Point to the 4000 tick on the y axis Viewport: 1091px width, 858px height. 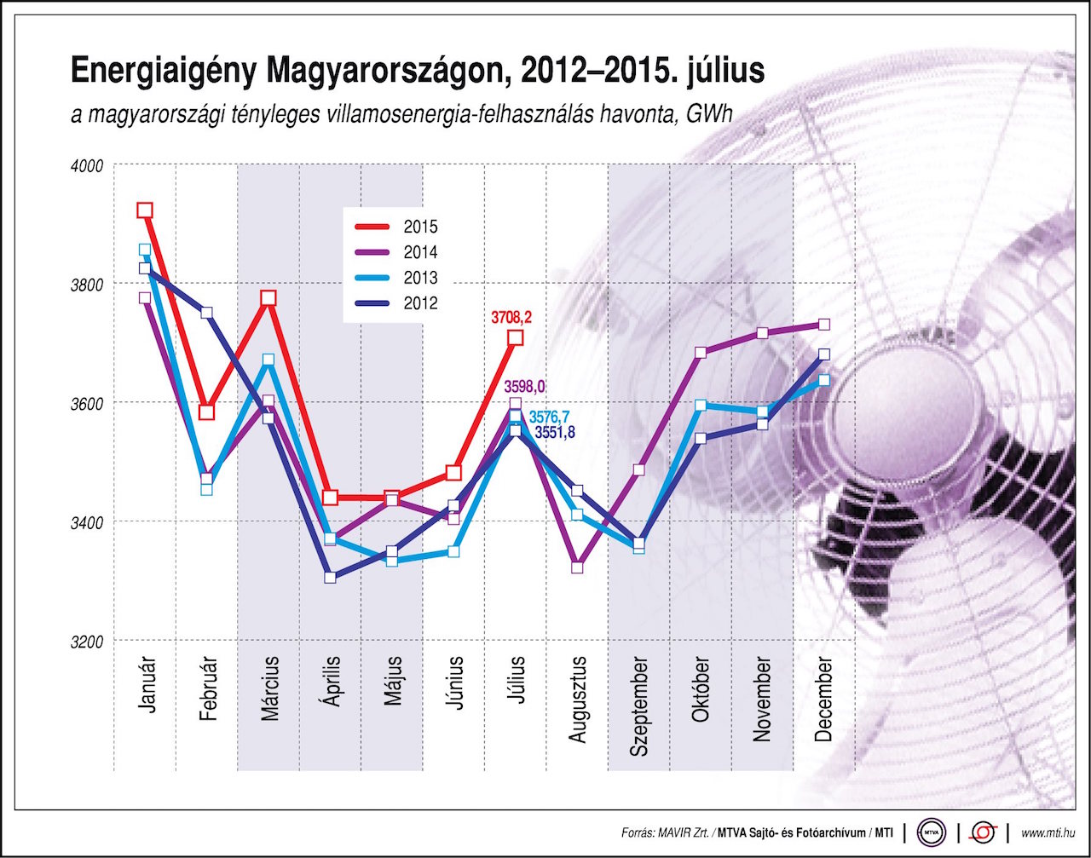[86, 165]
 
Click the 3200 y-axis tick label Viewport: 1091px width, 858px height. [86, 641]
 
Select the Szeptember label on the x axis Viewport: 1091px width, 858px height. [639, 707]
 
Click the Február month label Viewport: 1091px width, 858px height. [207, 690]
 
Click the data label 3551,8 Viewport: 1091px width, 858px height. [555, 433]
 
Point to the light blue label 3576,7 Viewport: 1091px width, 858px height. [550, 417]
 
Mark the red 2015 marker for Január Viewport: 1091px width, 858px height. [145, 210]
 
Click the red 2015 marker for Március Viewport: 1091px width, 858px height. [268, 298]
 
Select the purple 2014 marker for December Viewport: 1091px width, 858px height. [824, 325]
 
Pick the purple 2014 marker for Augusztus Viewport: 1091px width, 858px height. [577, 567]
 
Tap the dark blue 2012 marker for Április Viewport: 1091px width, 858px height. [330, 578]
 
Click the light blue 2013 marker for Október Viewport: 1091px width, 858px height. [701, 405]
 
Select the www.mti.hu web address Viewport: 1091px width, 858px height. [1048, 832]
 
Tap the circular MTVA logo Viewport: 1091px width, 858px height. [932, 831]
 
